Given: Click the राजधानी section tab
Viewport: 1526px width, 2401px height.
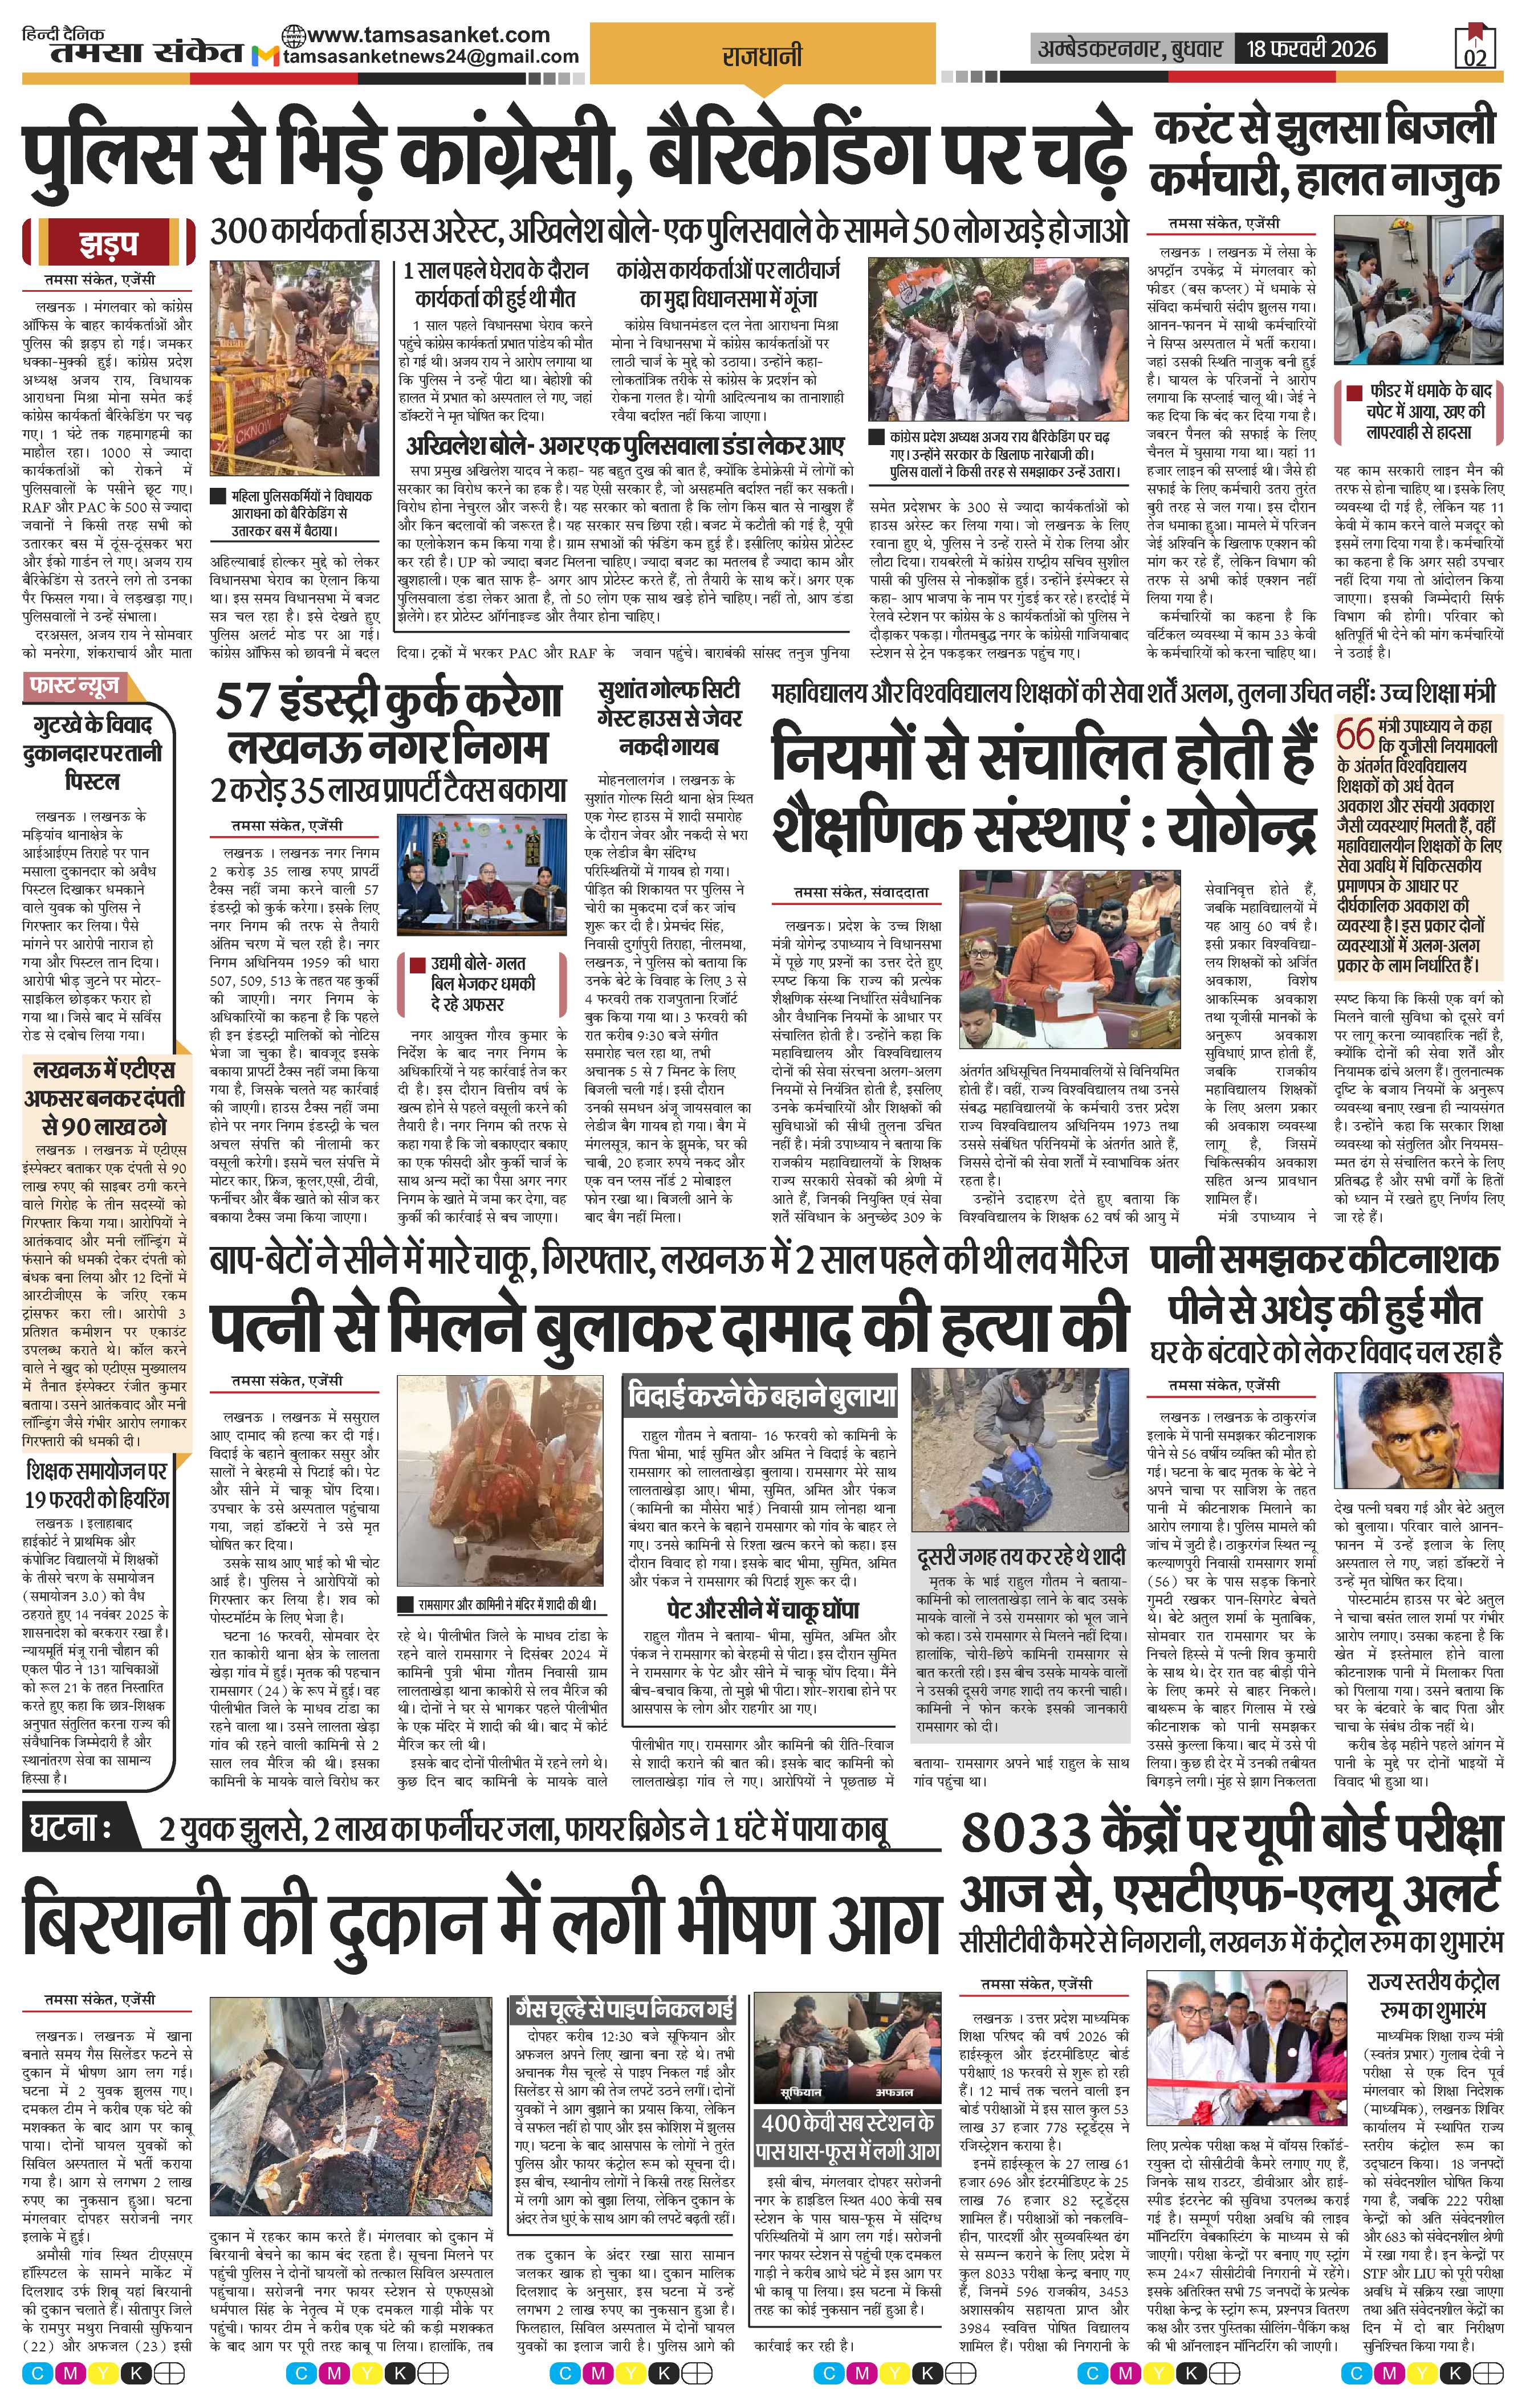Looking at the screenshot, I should (762, 57).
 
